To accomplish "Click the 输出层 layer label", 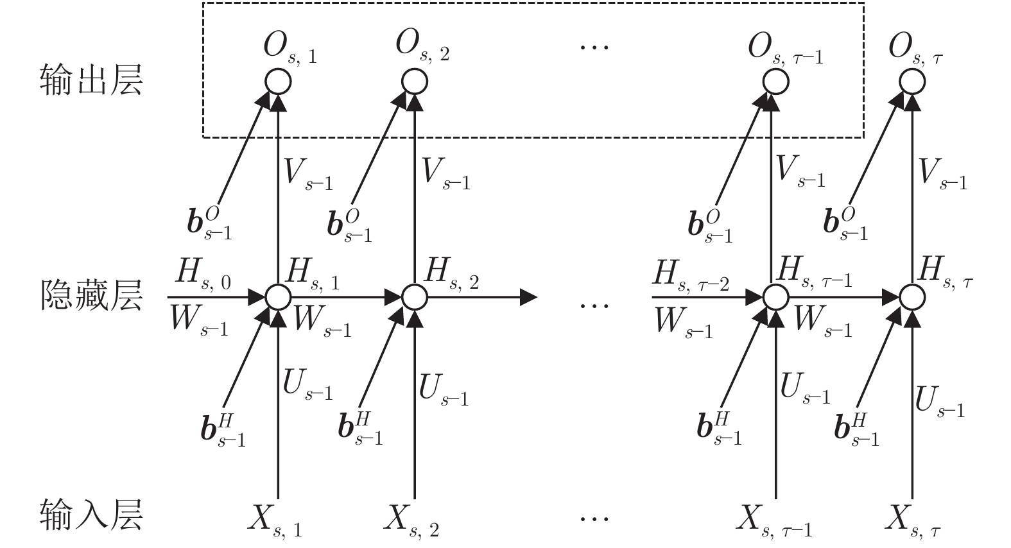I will (91, 81).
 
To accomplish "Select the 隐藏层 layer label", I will (91, 296).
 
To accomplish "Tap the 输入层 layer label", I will (91, 514).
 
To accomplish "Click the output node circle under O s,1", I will (278, 81).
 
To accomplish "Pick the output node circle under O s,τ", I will (912, 81).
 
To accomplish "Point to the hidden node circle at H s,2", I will (415, 297).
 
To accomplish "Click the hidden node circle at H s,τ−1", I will (775, 297).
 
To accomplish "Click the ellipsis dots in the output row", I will (594, 46).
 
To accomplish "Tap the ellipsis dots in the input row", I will (594, 517).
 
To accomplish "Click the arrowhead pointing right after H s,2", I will (528, 297).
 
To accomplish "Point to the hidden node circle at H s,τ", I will (912, 297).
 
